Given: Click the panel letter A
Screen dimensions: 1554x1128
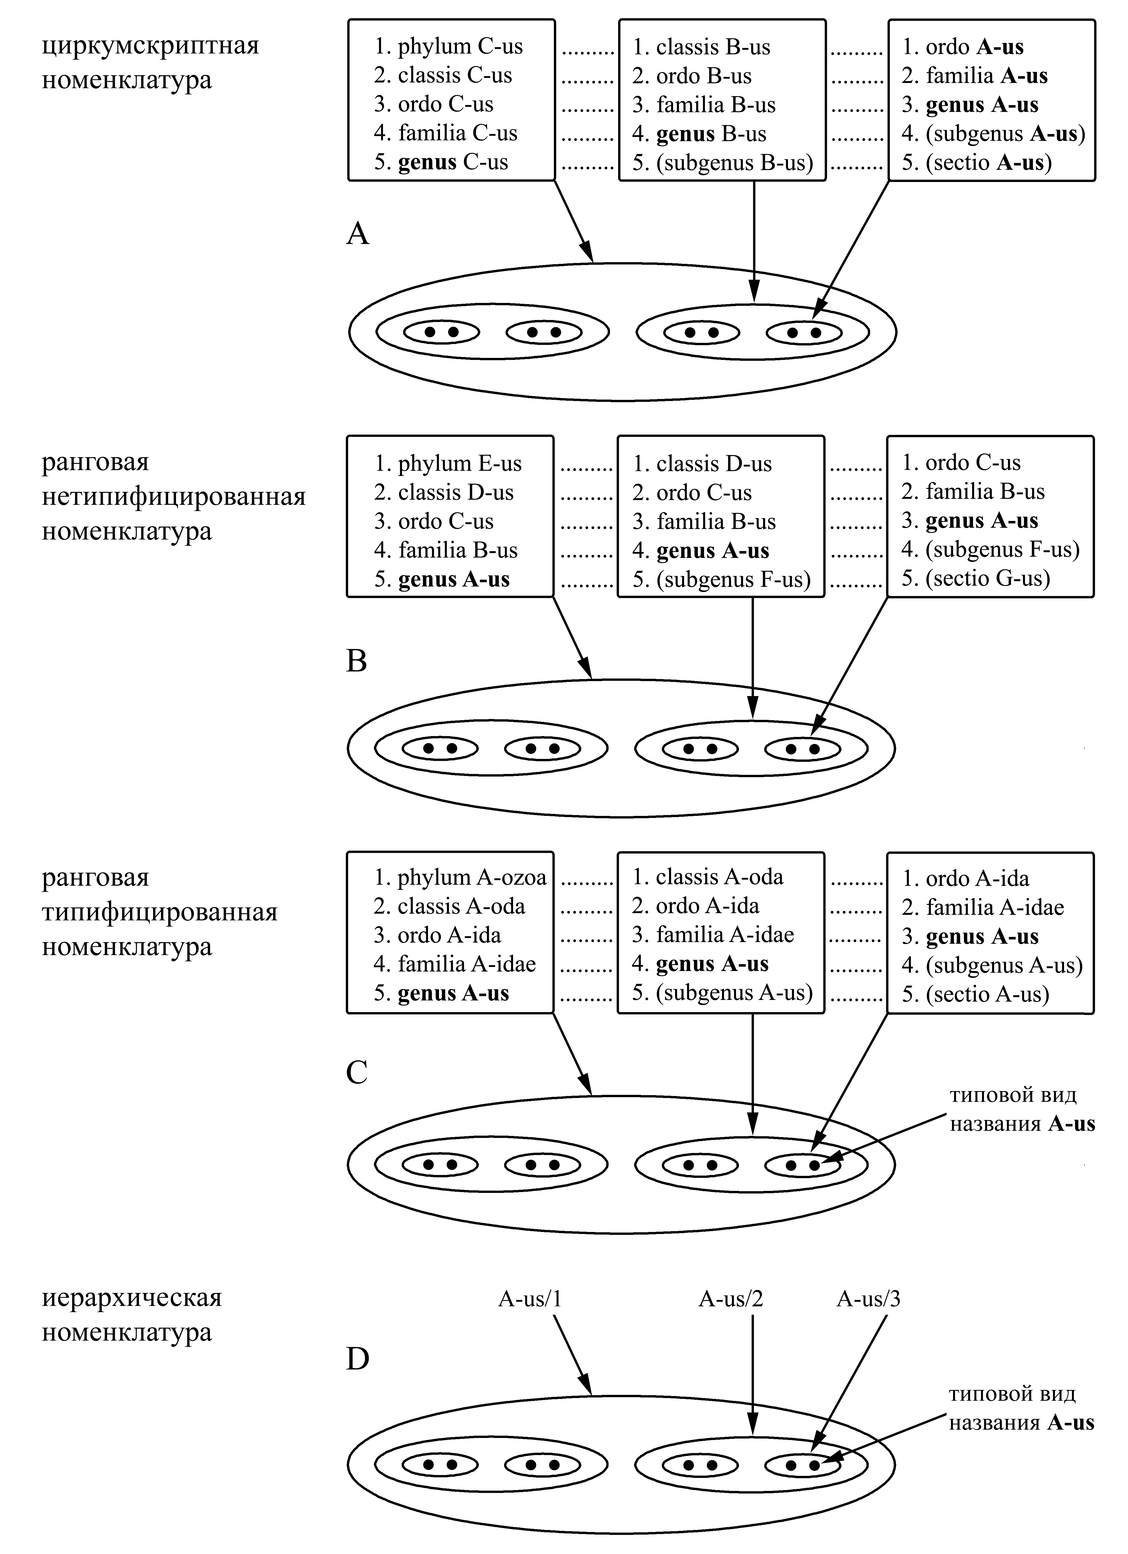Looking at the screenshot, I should tap(358, 234).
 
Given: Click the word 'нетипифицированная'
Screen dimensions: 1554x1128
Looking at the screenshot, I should tap(173, 496).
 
